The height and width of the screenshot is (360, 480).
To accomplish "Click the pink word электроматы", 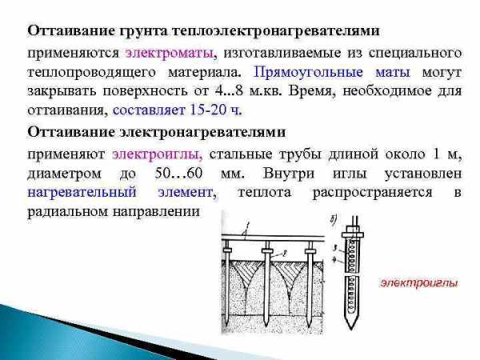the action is (170, 54).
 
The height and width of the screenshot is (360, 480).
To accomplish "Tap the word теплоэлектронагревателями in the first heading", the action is (276, 31).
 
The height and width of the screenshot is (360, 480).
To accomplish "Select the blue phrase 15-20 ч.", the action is (216, 110).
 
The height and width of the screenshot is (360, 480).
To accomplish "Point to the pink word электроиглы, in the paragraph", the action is (158, 154).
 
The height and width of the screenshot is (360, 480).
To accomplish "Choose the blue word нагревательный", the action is (82, 193).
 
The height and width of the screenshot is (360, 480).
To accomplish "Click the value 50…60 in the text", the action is (178, 173).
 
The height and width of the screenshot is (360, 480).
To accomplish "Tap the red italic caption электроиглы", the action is (418, 283).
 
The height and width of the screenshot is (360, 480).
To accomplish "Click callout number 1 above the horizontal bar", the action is (248, 226).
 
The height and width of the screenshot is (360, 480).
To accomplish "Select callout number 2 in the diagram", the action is (284, 253).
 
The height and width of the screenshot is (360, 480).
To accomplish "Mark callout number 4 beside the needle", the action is (334, 260).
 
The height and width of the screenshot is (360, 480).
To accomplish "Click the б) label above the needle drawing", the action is (334, 219).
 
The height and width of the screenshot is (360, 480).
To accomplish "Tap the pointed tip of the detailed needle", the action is (351, 329).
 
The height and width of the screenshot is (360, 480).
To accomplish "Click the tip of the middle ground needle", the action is (267, 326).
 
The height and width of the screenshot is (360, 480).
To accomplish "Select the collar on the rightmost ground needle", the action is (310, 251).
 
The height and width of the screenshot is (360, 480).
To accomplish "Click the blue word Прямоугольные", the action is (308, 73).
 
